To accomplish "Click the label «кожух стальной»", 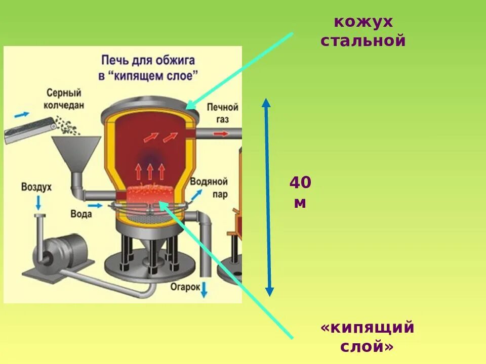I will pos(363,31).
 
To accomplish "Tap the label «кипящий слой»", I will pos(367,337).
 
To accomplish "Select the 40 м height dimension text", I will pos(300,193).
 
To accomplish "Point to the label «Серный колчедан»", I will pos(64,99).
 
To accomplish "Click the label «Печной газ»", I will pos(222,113).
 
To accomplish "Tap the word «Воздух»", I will pos(36,187).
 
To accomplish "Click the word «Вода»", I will pos(81,214).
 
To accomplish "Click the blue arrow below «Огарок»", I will pos(205,290).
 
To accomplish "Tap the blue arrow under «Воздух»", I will pos(38,203).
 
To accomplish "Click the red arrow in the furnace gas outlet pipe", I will pos(220,134).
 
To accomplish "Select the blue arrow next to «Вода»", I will pos(95,206).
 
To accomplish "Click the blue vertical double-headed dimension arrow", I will pos(268,197).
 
